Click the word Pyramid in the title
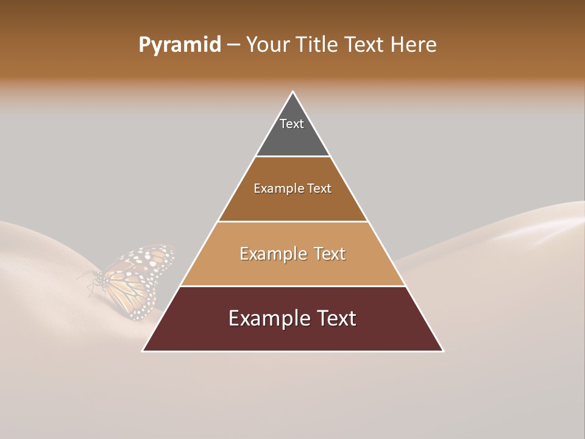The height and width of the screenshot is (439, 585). (180, 45)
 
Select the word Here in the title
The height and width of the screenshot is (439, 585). (413, 45)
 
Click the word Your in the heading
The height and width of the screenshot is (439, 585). (269, 45)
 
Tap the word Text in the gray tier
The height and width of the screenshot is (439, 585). (292, 124)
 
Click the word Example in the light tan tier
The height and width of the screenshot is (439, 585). (272, 254)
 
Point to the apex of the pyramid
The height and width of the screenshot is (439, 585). (293, 93)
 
